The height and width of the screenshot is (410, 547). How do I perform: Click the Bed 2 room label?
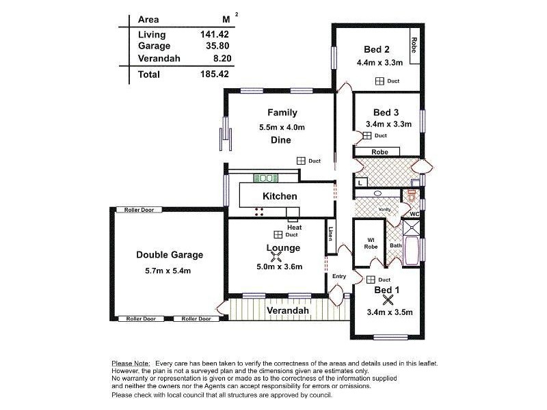pos(377,49)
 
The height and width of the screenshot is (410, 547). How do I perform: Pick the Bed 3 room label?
pos(386,112)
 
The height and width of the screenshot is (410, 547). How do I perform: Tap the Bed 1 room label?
pos(387,290)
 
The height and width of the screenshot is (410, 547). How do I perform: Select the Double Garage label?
pos(170,255)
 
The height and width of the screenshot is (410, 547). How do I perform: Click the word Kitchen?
pos(280,196)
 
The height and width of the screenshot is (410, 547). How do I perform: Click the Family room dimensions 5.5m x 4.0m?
pos(282,127)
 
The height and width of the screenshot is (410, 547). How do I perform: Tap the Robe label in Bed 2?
pos(414,44)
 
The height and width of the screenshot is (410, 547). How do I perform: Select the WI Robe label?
pos(371,243)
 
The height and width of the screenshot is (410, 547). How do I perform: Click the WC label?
pos(414,214)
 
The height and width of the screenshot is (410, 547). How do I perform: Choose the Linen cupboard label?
pos(330,234)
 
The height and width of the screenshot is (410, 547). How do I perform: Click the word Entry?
pos(339,277)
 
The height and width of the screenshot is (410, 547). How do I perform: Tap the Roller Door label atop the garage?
pos(134,210)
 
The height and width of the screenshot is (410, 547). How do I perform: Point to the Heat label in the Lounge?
pos(294,228)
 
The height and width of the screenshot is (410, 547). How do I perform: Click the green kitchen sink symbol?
pos(265,178)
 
